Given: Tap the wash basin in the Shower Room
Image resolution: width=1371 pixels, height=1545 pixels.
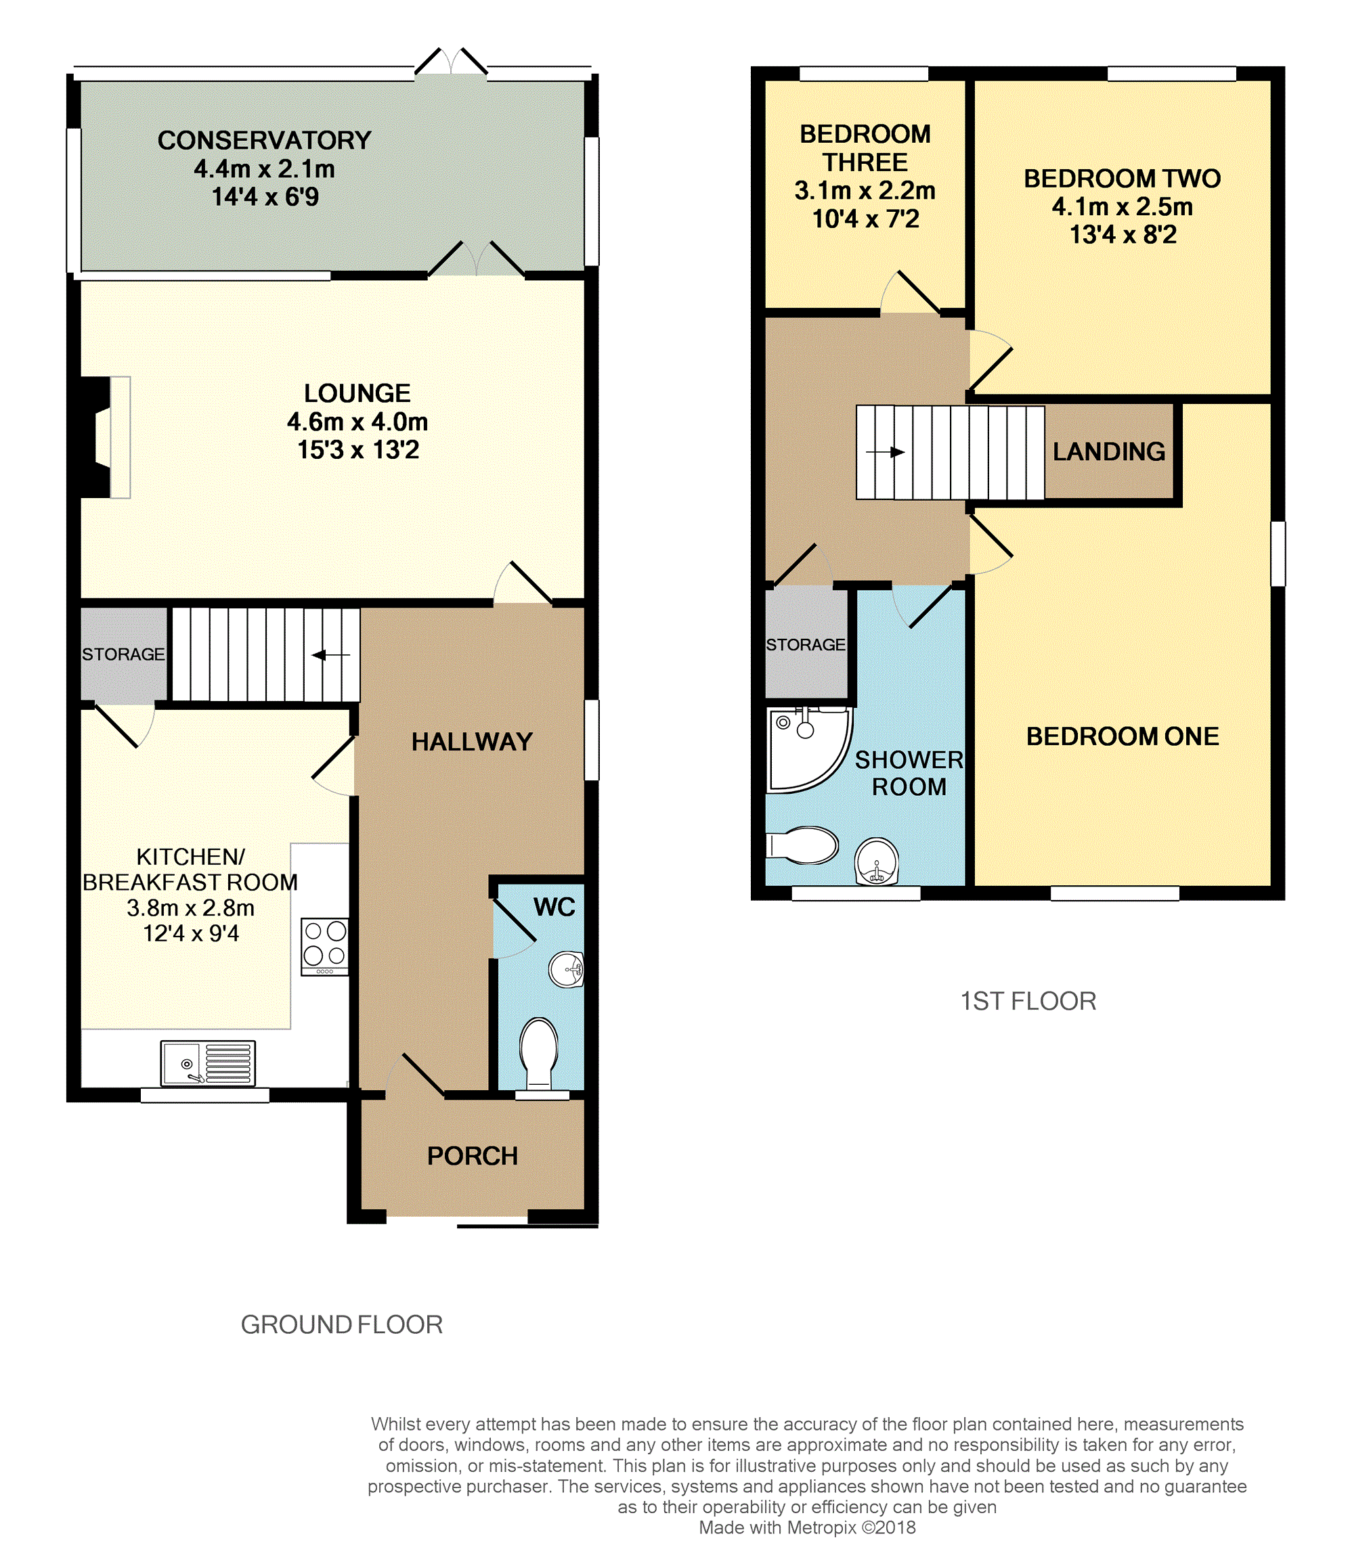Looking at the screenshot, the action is click(877, 861).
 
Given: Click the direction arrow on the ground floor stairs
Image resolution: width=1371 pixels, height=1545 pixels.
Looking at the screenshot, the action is click(330, 654).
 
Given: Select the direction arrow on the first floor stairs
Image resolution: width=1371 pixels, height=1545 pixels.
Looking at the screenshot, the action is click(886, 452).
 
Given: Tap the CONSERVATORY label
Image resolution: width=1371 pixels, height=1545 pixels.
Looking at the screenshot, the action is click(265, 141).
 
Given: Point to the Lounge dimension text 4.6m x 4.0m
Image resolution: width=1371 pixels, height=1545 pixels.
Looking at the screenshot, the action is click(357, 422).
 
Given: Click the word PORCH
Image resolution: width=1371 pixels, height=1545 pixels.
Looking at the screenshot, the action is click(473, 1156).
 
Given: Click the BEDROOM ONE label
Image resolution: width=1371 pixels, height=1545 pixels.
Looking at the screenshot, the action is click(1123, 736).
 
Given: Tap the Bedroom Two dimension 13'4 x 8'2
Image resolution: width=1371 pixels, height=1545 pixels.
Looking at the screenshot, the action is click(1123, 235).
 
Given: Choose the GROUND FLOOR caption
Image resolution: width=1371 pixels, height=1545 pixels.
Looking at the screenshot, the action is click(342, 1325).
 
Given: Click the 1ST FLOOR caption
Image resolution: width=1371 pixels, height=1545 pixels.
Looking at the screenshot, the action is click(1028, 1002).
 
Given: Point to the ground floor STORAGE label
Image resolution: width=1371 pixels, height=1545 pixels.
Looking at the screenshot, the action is click(123, 654).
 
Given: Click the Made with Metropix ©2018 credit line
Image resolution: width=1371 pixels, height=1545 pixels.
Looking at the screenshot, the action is click(807, 1527).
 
